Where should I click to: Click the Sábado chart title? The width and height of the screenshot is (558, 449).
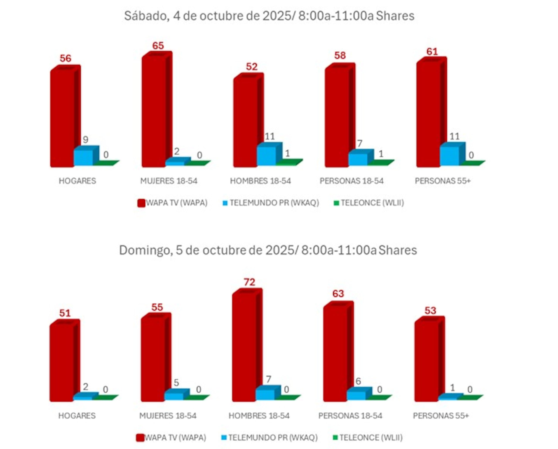[x=269, y=16]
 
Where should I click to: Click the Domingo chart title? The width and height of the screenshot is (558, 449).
[x=268, y=250]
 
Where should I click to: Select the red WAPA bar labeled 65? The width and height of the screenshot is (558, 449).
[x=154, y=111]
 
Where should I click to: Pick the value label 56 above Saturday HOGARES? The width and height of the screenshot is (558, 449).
[x=65, y=58]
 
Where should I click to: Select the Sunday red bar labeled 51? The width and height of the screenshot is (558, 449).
[x=62, y=362]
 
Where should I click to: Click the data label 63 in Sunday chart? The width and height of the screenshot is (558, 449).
[x=338, y=294]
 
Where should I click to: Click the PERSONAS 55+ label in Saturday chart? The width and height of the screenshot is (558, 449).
[x=442, y=181]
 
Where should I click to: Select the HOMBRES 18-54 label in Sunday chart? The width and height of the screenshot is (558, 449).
[x=259, y=416]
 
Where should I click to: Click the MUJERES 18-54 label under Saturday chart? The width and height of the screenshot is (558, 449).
[x=169, y=181]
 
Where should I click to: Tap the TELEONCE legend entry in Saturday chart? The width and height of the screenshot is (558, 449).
[x=369, y=203]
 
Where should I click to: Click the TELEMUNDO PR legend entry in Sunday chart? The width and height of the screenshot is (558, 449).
[x=269, y=438]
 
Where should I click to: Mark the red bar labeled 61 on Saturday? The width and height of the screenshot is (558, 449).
[x=428, y=114]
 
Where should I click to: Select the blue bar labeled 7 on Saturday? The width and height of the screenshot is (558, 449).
[x=358, y=159]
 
